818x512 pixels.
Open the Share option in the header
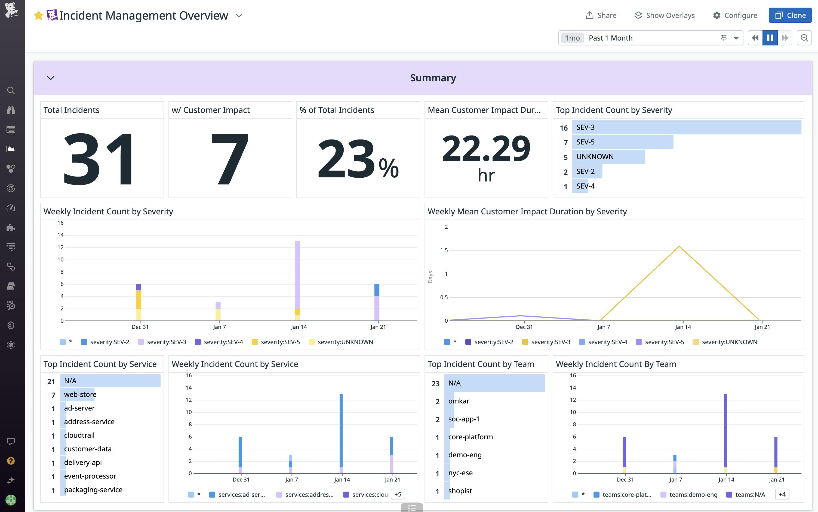click(601, 16)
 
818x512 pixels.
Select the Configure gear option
click(735, 16)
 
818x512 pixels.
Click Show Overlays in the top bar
click(664, 16)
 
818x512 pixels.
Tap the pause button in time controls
click(770, 38)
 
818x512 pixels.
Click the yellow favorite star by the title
click(39, 16)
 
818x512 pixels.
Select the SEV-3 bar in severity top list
click(686, 127)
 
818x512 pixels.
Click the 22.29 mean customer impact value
click(486, 148)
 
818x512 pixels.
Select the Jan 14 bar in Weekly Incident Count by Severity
click(297, 278)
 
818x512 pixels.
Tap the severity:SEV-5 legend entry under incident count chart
click(276, 342)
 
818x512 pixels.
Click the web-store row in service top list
click(80, 394)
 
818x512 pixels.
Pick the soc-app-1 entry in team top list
click(463, 419)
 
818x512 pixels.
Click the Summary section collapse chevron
click(50, 78)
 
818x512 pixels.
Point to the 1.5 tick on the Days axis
click(444, 250)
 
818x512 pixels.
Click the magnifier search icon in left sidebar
click(11, 90)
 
